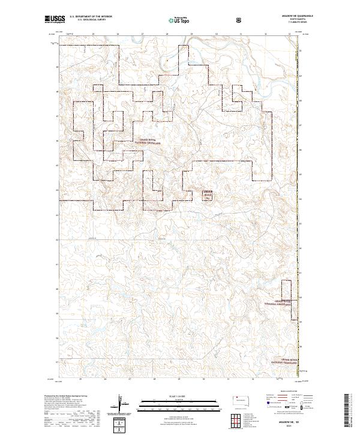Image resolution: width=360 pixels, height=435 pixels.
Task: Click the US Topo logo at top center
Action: point(181,20)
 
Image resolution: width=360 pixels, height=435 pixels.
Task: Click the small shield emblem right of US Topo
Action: point(240,20)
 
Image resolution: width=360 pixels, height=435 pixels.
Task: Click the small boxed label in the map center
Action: point(208,194)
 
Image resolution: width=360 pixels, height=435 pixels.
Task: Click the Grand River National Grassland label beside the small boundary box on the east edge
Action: point(278,303)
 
